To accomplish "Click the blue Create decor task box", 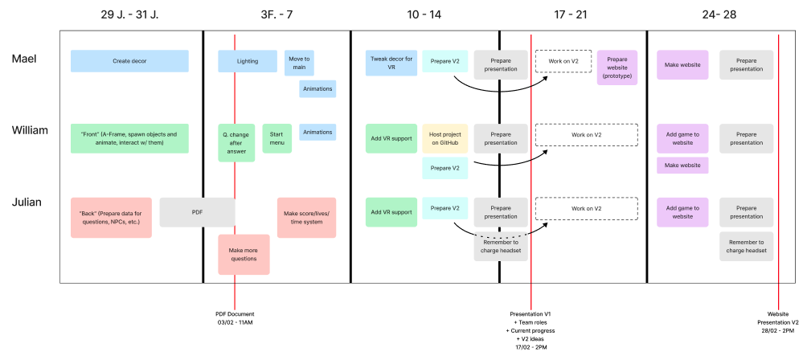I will [129, 61].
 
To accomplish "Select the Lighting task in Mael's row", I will [248, 61].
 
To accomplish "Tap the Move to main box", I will [299, 61].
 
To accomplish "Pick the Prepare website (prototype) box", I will [617, 67].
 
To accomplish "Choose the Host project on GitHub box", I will [444, 138].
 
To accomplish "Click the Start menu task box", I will [277, 138].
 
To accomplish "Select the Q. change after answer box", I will [236, 142].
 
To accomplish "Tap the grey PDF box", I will [197, 211].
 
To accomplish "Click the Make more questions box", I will [244, 255].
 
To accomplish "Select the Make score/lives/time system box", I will [306, 218].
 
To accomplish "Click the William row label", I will [30, 129].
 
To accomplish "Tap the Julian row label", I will [27, 202].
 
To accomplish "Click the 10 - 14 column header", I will [425, 14].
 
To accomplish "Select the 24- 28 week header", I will [719, 14].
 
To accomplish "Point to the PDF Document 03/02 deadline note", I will [235, 317].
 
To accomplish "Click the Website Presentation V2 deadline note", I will [778, 321].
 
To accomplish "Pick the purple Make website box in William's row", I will [682, 165].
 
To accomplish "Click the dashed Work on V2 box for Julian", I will [586, 209].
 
